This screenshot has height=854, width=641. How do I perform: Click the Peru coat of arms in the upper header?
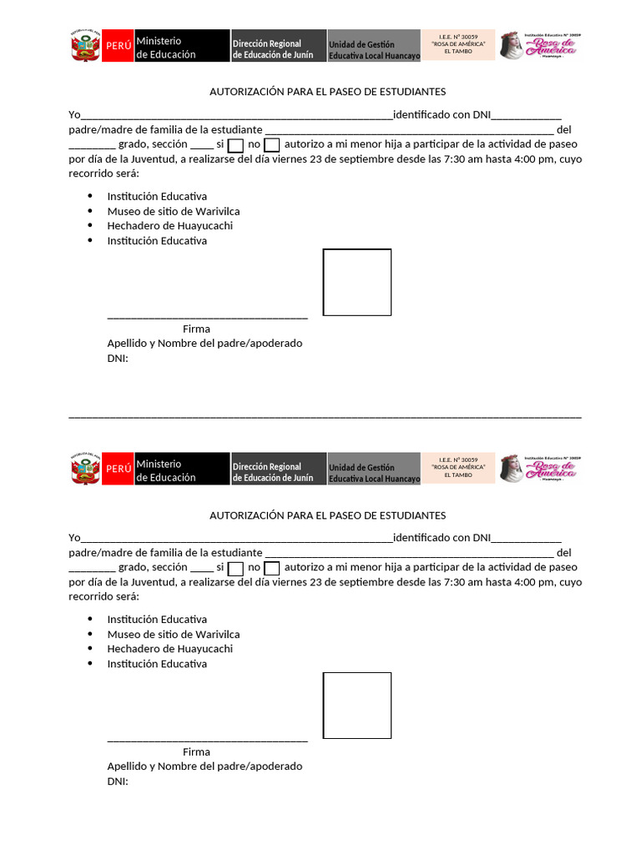(85, 46)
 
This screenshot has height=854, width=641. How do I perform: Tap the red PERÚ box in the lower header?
(118, 469)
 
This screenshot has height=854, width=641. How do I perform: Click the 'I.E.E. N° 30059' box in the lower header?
(458, 468)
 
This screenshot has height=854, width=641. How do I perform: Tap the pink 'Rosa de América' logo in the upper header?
(538, 45)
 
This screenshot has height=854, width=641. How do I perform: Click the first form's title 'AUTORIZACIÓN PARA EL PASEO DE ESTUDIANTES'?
(327, 92)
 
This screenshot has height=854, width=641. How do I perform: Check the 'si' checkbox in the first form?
(235, 146)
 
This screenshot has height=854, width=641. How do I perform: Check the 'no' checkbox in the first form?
(271, 146)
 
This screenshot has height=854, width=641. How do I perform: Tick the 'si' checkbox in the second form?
(235, 569)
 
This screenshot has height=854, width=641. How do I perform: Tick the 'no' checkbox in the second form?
(271, 569)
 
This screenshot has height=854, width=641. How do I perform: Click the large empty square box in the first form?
(357, 282)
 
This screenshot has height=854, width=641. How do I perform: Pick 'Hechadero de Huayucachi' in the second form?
(169, 649)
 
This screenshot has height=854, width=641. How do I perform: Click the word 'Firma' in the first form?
(196, 329)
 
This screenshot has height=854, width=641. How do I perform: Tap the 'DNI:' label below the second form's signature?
(118, 781)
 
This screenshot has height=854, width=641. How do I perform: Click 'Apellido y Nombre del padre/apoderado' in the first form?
(204, 344)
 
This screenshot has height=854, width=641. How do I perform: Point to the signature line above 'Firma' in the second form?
(207, 739)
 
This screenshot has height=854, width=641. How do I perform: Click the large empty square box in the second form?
(357, 706)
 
